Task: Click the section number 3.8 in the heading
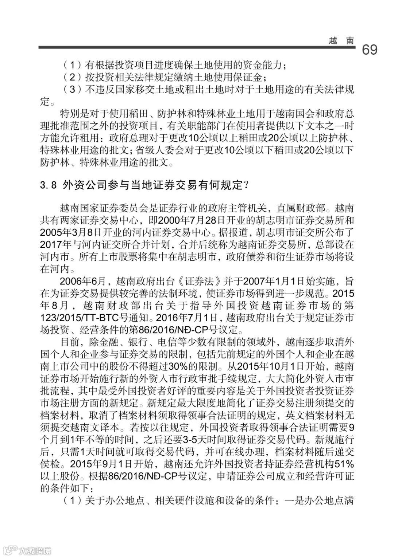48,185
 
